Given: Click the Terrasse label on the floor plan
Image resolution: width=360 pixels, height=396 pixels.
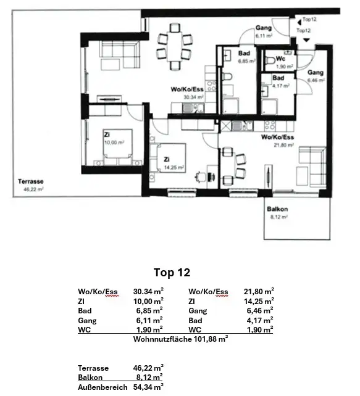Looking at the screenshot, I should click(x=30, y=181).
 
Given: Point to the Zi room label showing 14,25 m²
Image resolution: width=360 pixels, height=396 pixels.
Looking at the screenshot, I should click(x=166, y=159).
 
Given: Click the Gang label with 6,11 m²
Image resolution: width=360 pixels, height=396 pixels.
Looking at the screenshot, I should click(x=264, y=28).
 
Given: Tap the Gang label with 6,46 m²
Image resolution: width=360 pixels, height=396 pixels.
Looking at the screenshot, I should click(x=316, y=73).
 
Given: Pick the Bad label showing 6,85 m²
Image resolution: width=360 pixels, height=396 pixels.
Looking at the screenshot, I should click(x=244, y=54).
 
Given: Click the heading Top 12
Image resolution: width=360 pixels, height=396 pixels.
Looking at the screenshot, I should click(x=171, y=272).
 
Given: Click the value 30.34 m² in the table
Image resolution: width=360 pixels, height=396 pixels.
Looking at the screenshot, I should click(x=148, y=292).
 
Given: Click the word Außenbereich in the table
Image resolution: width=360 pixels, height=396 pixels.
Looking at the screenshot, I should click(x=103, y=387).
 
